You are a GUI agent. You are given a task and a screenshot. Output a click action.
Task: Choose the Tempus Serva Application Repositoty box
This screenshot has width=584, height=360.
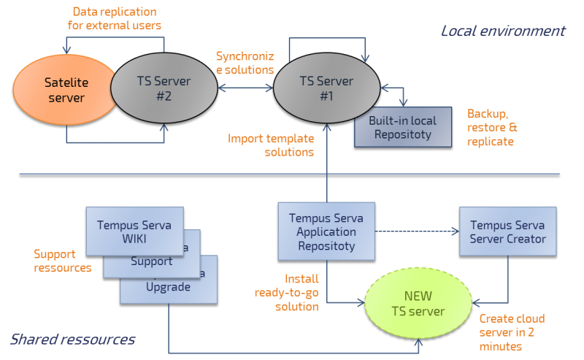(326, 231)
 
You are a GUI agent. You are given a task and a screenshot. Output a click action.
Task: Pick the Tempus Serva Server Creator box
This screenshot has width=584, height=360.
(507, 231)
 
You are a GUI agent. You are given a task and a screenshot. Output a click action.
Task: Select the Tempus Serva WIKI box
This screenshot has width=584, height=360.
(134, 231)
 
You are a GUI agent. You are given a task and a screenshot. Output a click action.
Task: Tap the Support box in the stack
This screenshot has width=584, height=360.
(151, 261)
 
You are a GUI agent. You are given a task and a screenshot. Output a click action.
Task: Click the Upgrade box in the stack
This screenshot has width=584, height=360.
(169, 287)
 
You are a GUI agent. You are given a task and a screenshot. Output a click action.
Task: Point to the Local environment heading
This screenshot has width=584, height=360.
(503, 31)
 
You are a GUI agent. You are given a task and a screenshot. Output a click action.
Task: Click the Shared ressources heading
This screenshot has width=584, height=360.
(72, 340)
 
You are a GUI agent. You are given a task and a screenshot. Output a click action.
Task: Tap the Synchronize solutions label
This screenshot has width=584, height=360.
(245, 63)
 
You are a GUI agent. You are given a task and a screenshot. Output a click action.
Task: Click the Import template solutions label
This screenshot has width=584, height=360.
(270, 145)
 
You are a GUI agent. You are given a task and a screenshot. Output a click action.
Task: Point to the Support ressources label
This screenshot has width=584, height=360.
(63, 261)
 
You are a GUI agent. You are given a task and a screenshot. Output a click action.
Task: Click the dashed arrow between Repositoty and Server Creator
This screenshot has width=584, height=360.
(417, 231)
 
